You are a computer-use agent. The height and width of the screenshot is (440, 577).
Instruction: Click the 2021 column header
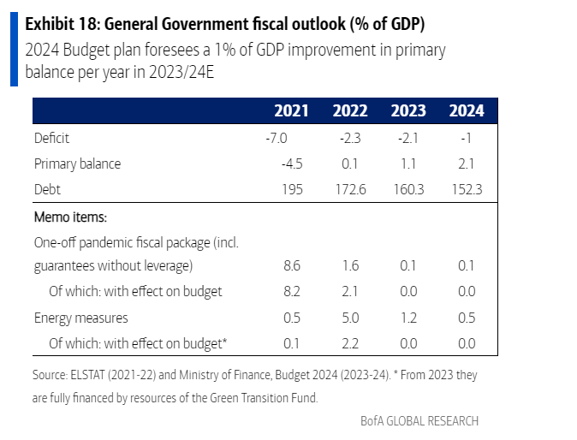click(291, 111)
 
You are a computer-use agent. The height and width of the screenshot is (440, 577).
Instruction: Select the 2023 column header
click(408, 111)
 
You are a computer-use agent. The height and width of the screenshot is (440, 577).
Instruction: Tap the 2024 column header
click(466, 111)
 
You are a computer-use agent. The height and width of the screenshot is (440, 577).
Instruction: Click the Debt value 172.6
click(349, 189)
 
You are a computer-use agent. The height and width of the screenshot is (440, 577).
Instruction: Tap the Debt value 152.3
click(466, 189)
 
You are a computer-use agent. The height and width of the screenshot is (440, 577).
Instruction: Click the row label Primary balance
click(78, 164)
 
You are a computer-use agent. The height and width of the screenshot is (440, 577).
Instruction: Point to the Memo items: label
click(68, 217)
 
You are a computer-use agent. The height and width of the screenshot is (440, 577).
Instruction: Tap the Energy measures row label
click(81, 318)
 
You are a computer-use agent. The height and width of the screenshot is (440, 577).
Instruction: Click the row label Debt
click(48, 189)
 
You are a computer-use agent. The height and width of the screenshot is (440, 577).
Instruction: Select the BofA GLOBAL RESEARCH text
click(419, 420)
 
